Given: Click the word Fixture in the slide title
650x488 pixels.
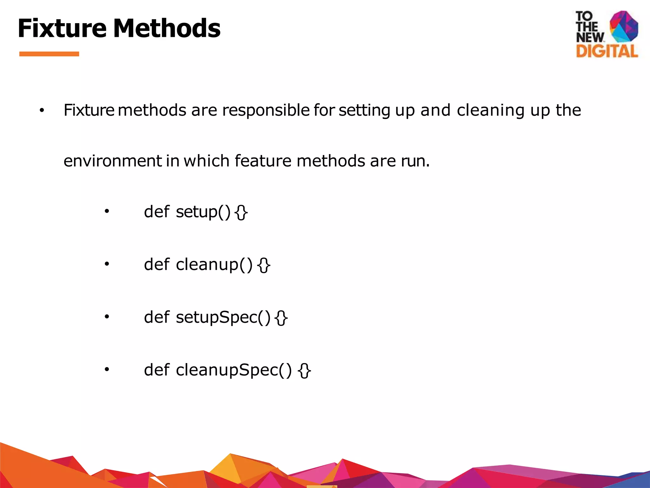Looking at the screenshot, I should tap(62, 29).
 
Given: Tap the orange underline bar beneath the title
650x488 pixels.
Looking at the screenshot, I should tap(49, 54).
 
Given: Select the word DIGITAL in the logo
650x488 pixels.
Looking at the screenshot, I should tap(607, 51).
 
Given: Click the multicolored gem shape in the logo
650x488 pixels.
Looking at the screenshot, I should tap(624, 26).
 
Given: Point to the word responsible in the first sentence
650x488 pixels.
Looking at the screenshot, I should tap(266, 111).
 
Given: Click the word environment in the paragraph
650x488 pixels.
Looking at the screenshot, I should tap(113, 161).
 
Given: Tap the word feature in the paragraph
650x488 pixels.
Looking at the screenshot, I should tap(263, 161).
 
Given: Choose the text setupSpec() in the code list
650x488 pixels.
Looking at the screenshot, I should tap(223, 317).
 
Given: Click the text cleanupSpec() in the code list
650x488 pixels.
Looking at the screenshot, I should tap(234, 370).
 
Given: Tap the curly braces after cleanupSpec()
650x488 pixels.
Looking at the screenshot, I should tap(304, 371).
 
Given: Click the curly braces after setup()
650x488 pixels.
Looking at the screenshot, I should tap(241, 213).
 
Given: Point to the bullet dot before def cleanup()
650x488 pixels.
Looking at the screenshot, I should tap(107, 264).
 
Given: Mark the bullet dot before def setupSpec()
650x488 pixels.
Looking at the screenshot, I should tap(107, 317).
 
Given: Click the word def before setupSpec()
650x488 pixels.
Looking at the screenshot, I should tap(156, 317).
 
